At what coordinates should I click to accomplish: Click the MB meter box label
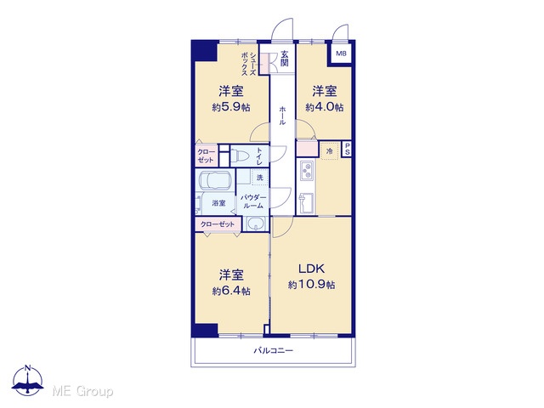[341, 54]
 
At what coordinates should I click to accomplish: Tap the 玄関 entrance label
[285, 59]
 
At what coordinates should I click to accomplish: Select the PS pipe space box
[347, 150]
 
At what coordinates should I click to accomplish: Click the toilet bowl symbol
[241, 156]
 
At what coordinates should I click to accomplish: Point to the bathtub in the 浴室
[215, 180]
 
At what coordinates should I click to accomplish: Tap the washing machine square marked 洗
[260, 178]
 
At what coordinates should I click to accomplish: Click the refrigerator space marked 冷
[330, 151]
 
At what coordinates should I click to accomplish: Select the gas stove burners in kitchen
[307, 170]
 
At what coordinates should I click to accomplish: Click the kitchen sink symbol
[306, 203]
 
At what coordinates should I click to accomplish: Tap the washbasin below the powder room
[256, 224]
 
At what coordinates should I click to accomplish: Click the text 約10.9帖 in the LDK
[312, 285]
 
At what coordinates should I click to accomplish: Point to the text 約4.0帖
[325, 107]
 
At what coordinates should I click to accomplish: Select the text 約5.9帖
[231, 107]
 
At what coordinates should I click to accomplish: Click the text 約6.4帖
[231, 291]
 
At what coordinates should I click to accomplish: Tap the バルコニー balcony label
[274, 350]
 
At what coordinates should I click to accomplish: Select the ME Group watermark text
[83, 392]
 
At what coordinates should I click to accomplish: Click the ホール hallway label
[282, 116]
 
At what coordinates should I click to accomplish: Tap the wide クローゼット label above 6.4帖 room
[218, 224]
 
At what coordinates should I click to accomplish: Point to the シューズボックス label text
[249, 64]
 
